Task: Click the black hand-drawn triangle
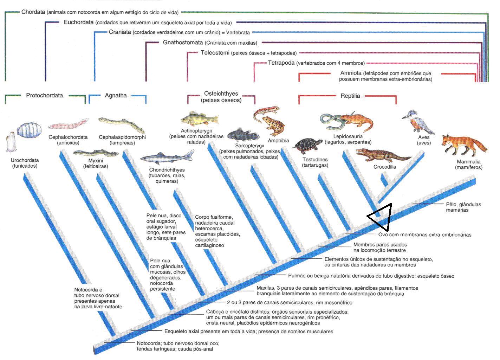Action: (381, 217)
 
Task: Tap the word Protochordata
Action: (45, 95)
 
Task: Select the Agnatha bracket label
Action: (116, 95)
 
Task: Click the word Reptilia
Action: (350, 96)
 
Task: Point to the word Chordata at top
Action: (33, 12)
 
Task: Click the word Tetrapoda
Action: (281, 63)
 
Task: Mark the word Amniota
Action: (351, 73)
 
